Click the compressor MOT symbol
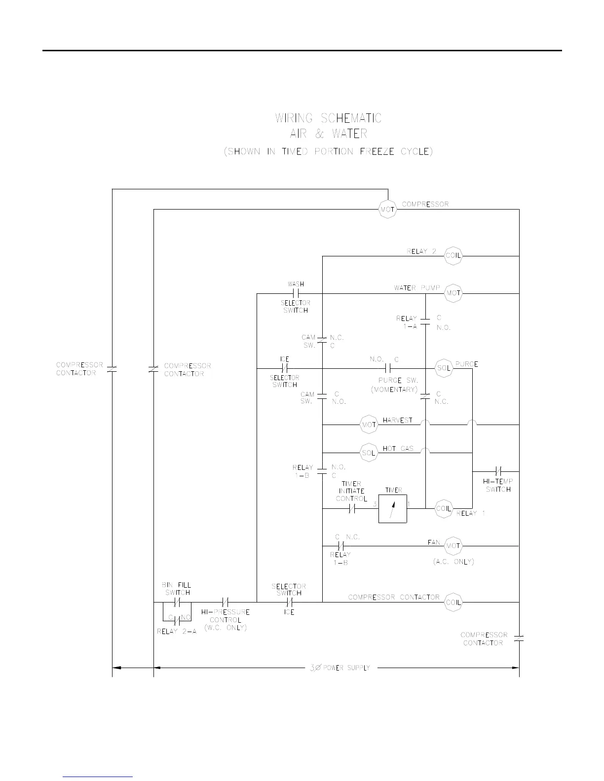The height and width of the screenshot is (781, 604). (387, 210)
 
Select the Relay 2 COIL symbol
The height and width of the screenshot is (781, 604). (453, 255)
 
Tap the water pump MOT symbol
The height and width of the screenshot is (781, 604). (453, 293)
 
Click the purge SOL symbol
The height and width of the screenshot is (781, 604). (444, 368)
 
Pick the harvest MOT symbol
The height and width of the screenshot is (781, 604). (369, 425)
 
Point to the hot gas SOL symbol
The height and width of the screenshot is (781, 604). (369, 453)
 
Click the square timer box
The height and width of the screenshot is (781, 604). (393, 508)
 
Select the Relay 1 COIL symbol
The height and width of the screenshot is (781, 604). (444, 508)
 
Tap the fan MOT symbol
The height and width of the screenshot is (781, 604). (453, 546)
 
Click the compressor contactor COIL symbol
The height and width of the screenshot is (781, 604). (453, 602)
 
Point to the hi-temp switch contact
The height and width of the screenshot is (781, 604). (498, 471)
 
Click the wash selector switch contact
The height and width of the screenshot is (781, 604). (296, 293)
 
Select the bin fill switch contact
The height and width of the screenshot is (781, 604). (177, 602)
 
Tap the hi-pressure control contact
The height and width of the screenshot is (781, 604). (225, 602)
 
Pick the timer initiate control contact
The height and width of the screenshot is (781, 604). (352, 508)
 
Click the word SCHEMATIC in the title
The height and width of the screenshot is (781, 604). (351, 118)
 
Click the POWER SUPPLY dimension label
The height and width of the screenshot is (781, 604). (346, 668)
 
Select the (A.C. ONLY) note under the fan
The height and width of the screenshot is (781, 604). (453, 562)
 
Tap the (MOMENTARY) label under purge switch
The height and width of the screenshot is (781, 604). (394, 390)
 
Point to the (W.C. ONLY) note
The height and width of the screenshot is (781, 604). (225, 628)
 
